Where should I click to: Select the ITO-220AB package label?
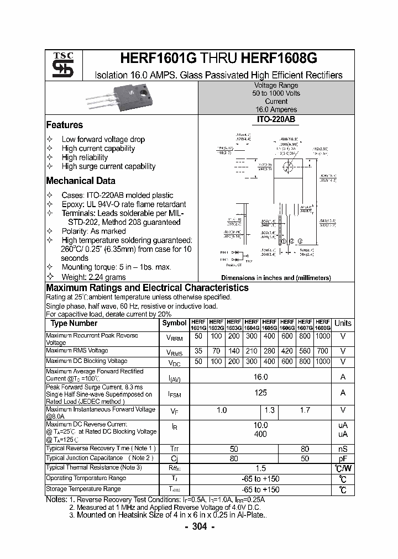pyautogui.click(x=276, y=119)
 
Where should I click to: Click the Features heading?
pyautogui.click(x=64, y=125)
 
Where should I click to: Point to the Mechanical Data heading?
pyautogui.click(x=81, y=181)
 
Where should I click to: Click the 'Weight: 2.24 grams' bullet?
pyautogui.click(x=93, y=277)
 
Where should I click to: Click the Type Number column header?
pyautogui.click(x=74, y=324)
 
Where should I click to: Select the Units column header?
pyautogui.click(x=343, y=324)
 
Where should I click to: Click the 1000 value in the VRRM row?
pyautogui.click(x=323, y=336)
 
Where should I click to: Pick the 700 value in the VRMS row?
pyautogui.click(x=323, y=351)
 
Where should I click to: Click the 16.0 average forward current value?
pyautogui.click(x=260, y=377)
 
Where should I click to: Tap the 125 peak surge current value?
pyautogui.click(x=260, y=393)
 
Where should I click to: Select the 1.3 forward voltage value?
pyautogui.click(x=269, y=410)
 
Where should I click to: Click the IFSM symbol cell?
pyautogui.click(x=174, y=394)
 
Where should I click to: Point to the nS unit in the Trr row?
pyautogui.click(x=343, y=449)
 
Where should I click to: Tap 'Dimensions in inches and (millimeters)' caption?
pyautogui.click(x=276, y=278)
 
